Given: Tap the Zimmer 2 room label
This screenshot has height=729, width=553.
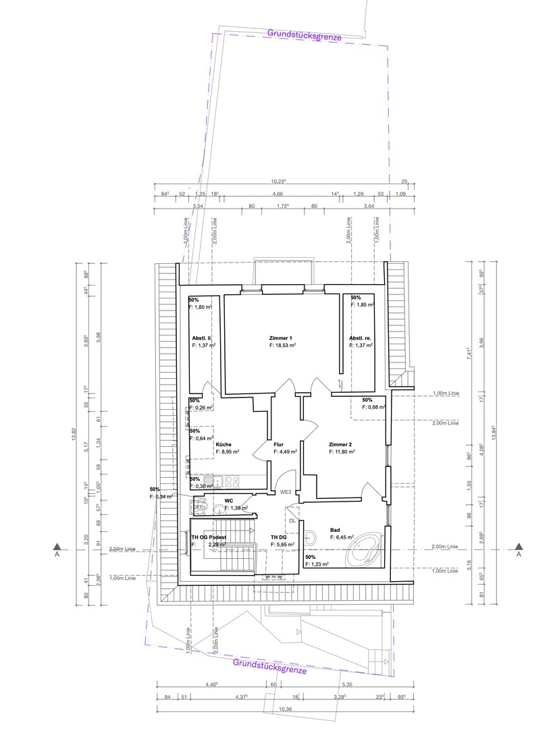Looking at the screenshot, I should tap(340, 445).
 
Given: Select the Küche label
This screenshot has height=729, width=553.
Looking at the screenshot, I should tap(224, 445).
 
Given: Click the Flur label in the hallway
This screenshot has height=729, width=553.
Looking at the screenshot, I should tap(278, 445).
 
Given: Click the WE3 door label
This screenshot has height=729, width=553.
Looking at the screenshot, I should tap(286, 493).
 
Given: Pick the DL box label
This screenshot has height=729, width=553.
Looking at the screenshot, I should tap(292, 521).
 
